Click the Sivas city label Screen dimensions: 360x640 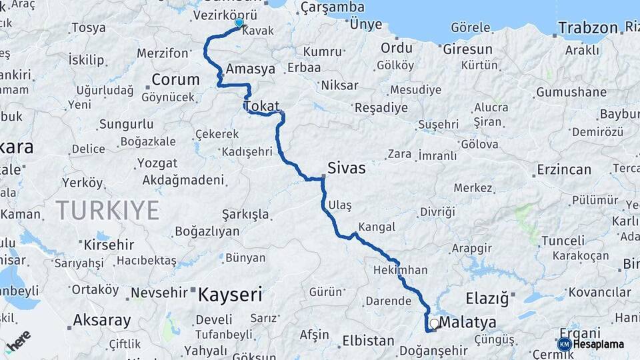pyautogui.click(x=346, y=168)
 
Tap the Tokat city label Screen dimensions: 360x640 pyautogui.click(x=261, y=106)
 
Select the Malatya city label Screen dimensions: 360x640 pyautogui.click(x=468, y=323)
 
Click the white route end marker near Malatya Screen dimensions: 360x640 pyautogui.click(x=434, y=323)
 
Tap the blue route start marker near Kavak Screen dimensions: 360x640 pyautogui.click(x=239, y=23)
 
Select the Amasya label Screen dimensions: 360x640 pyautogui.click(x=251, y=69)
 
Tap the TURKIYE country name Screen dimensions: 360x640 pyautogui.click(x=107, y=210)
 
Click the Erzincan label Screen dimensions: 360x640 pyautogui.click(x=564, y=169)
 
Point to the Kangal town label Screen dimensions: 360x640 pyautogui.click(x=377, y=227)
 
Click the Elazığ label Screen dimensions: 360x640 pyautogui.click(x=487, y=297)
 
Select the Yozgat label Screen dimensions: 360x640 pyautogui.click(x=157, y=163)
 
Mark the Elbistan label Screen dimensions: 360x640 pyautogui.click(x=368, y=340)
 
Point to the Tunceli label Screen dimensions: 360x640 pyautogui.click(x=563, y=240)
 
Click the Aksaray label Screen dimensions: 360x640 pyautogui.click(x=101, y=320)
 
